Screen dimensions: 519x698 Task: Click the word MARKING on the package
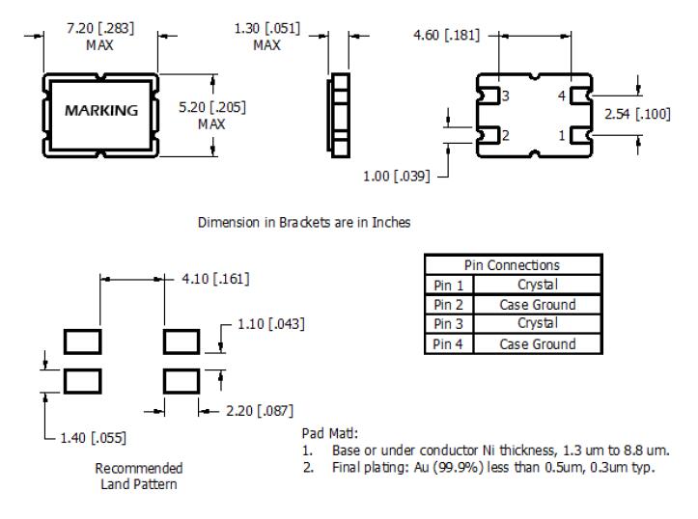pyautogui.click(x=100, y=110)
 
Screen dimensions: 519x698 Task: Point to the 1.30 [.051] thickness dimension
pyautogui.click(x=267, y=28)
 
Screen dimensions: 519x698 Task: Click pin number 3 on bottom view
pyautogui.click(x=504, y=96)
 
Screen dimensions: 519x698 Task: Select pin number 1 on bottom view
pyautogui.click(x=560, y=135)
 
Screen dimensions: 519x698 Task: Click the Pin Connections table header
pyautogui.click(x=513, y=265)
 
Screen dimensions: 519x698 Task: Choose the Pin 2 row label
pyautogui.click(x=444, y=304)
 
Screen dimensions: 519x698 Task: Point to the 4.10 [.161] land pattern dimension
pyautogui.click(x=214, y=280)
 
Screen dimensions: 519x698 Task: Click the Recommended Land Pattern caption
pyautogui.click(x=139, y=475)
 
